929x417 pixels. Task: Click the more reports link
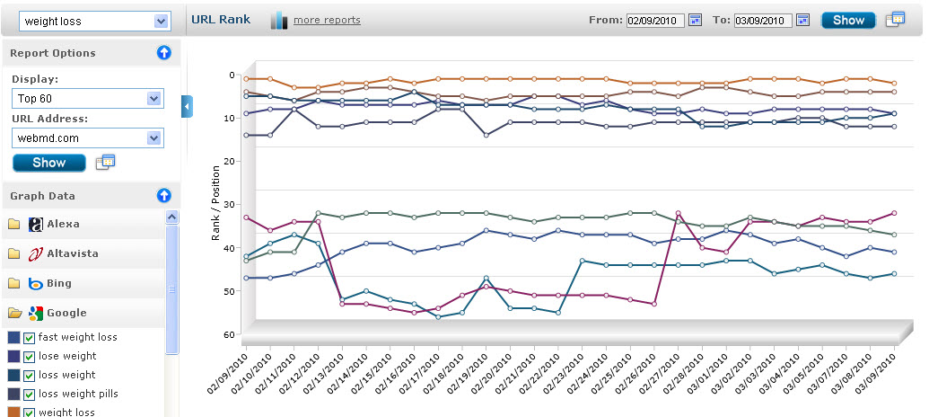click(x=327, y=20)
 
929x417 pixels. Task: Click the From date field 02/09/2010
click(x=654, y=20)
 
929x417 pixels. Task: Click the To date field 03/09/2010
click(x=762, y=20)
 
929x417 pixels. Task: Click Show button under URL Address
click(x=48, y=163)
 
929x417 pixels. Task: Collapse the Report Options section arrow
click(x=163, y=53)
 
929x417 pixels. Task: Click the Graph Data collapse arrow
click(x=163, y=195)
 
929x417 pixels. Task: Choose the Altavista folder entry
click(x=73, y=253)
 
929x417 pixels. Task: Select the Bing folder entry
click(x=59, y=283)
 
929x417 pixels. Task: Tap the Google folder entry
click(x=66, y=313)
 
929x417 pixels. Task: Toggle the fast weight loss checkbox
click(x=30, y=338)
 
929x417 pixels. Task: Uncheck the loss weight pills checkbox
click(x=30, y=394)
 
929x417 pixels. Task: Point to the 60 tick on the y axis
click(x=231, y=335)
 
